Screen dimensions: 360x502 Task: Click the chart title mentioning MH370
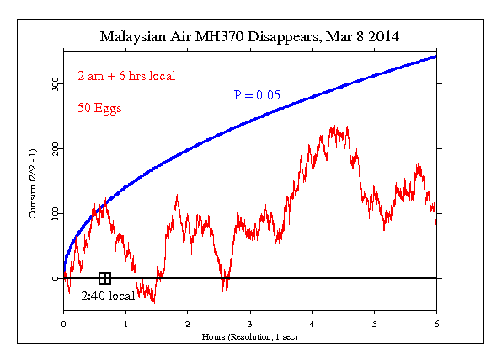pos(250,37)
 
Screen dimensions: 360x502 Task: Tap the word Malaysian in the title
pos(133,37)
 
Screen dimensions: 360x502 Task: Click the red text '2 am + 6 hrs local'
pos(126,76)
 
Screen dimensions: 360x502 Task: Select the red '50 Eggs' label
pos(99,110)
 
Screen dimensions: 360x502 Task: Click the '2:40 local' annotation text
pos(109,296)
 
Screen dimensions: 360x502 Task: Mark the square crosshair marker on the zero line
pos(104,278)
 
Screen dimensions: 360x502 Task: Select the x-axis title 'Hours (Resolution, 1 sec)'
pos(250,336)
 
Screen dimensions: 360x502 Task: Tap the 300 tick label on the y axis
pos(54,84)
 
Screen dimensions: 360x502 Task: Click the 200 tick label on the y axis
pos(54,149)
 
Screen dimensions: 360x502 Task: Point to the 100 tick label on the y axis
pos(54,214)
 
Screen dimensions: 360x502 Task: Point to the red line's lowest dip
pos(153,303)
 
